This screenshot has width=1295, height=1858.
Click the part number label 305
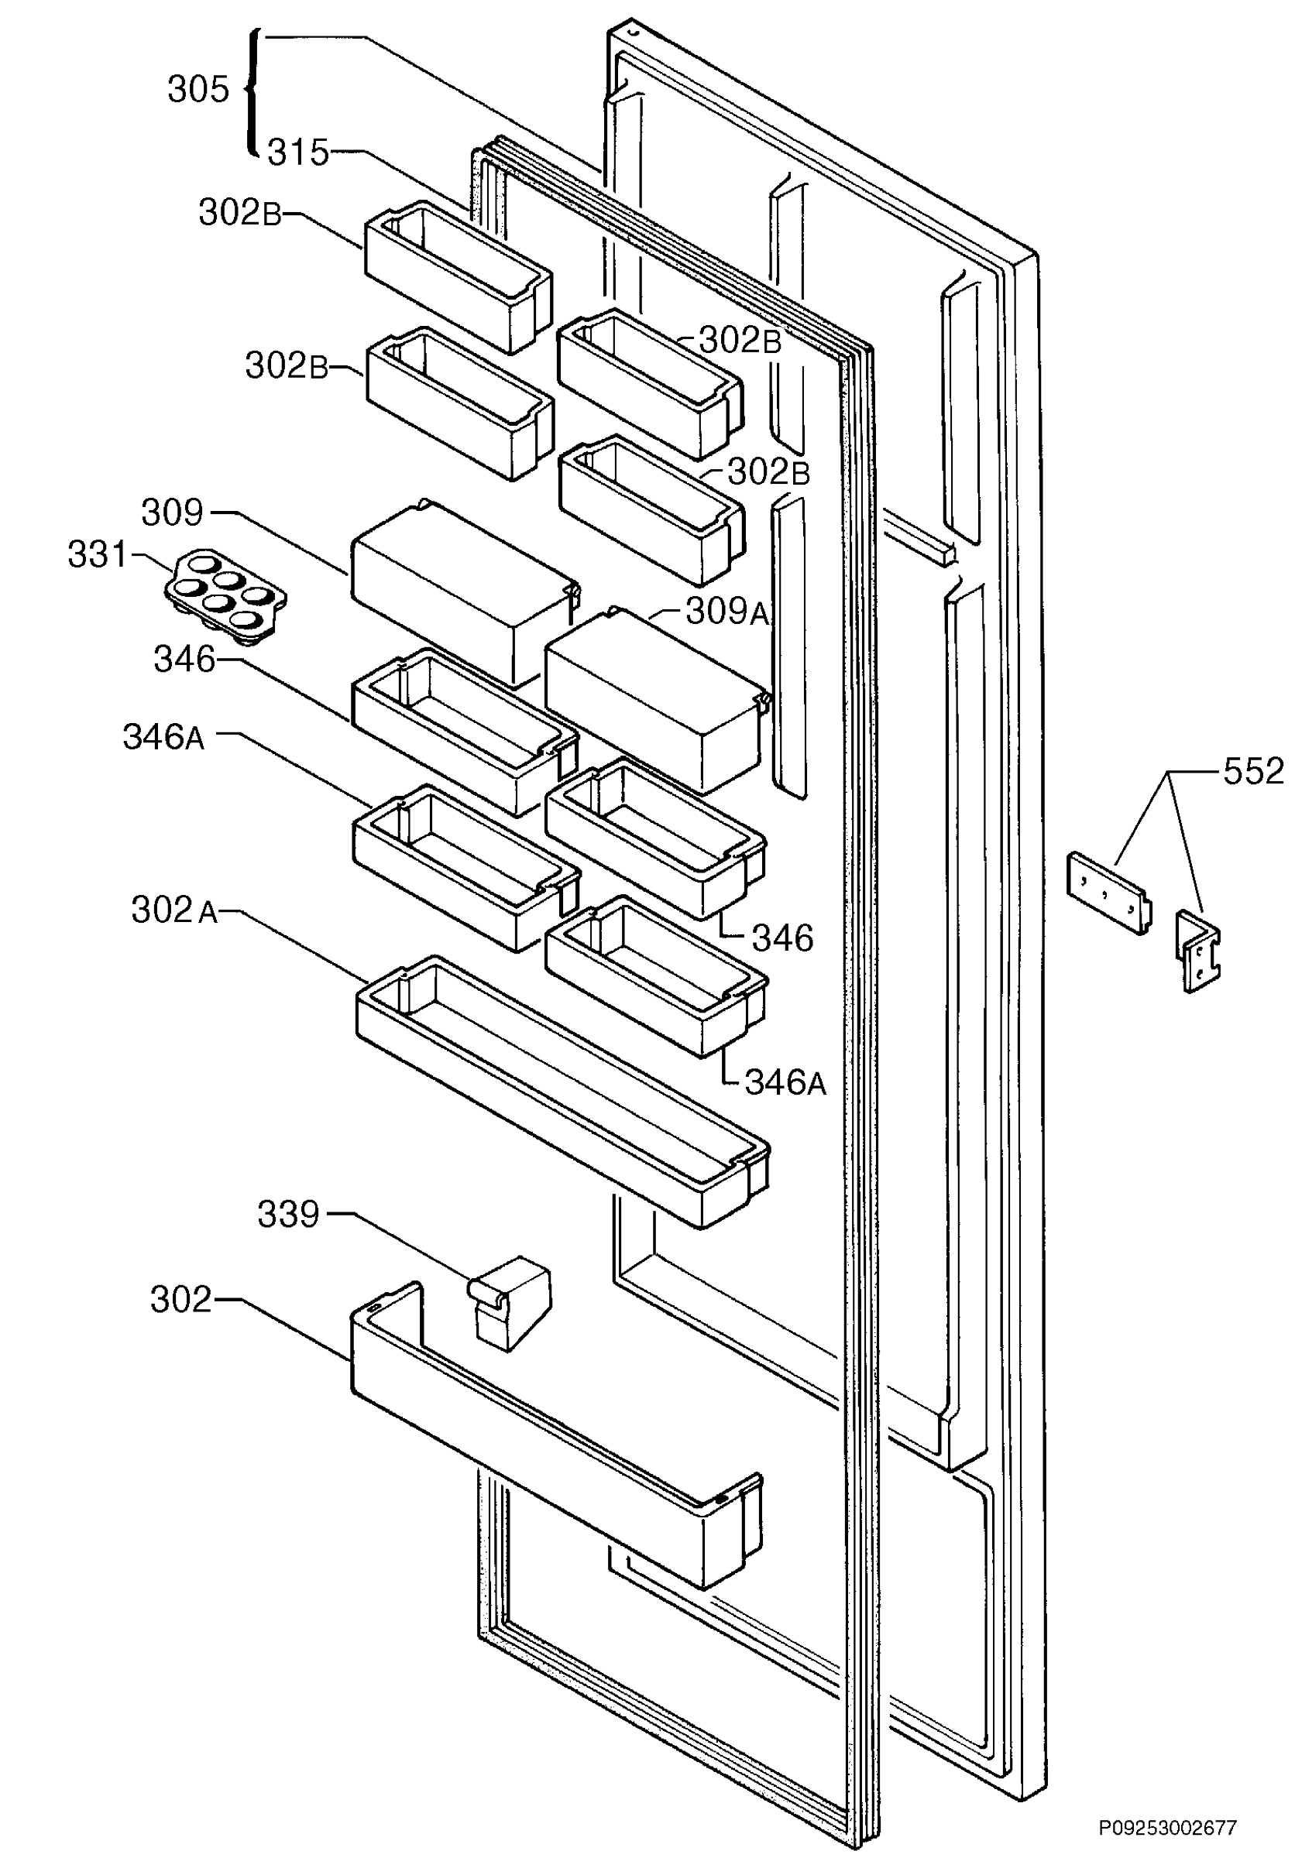[x=198, y=89]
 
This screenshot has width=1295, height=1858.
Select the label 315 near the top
[x=299, y=153]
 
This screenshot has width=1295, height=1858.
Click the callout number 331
[x=97, y=555]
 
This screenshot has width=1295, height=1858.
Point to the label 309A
[x=727, y=612]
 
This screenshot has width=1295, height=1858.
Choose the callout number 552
[x=1254, y=771]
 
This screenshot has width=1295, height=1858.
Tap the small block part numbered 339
[x=510, y=1303]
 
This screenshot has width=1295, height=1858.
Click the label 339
[x=289, y=1215]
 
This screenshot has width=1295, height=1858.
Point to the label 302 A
[x=175, y=910]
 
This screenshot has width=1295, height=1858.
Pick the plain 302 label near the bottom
[x=181, y=1300]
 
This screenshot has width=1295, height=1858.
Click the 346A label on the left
[x=164, y=737]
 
